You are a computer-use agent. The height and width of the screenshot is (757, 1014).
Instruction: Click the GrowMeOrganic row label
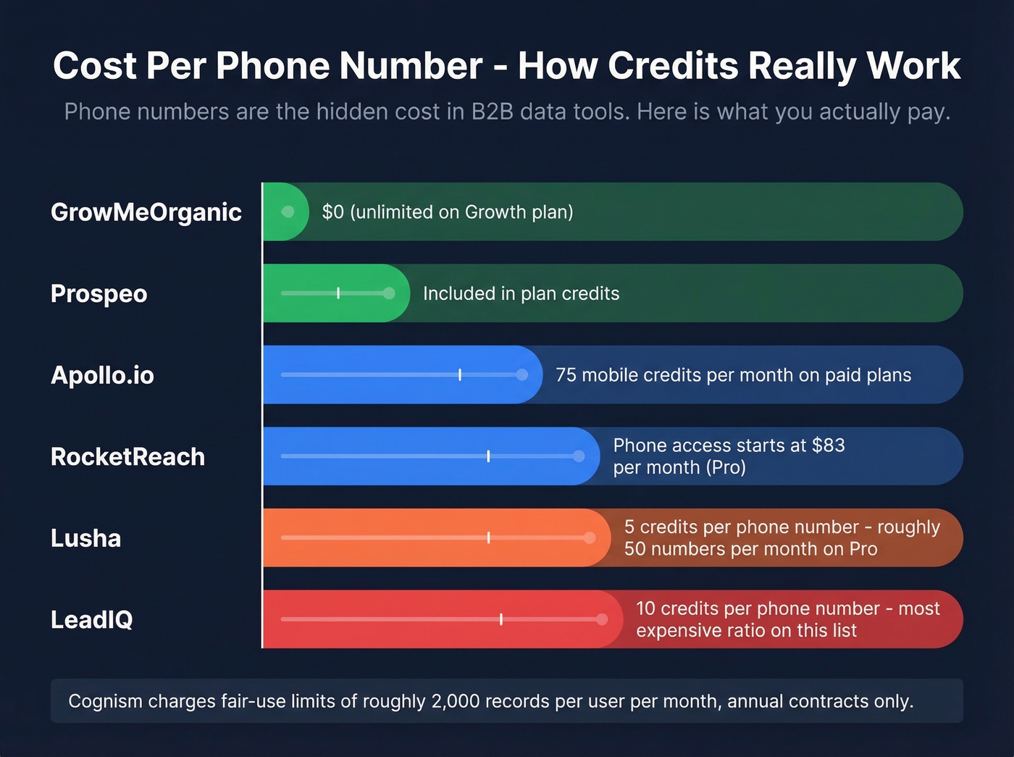point(146,212)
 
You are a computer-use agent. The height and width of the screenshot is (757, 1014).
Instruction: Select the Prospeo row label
point(99,294)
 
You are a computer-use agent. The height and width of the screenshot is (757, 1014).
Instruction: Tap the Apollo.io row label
point(102,375)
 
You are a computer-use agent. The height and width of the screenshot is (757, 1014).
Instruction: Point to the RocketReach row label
point(127,457)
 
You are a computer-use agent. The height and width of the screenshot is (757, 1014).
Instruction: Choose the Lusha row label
point(85,538)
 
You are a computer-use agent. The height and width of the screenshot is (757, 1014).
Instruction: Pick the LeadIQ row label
point(91,620)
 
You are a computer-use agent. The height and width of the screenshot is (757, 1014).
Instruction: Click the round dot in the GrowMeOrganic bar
point(288,212)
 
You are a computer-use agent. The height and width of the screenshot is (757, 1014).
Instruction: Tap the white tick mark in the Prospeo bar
point(338,293)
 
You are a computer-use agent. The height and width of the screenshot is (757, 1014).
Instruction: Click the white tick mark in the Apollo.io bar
point(460,375)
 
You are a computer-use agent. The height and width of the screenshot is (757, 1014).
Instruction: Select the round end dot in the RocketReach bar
point(579,456)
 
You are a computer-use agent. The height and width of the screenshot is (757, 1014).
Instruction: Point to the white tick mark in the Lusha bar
point(488,538)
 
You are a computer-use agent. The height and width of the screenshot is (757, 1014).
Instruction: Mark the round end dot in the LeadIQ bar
point(602,619)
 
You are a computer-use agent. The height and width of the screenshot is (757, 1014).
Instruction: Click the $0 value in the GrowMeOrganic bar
point(332,212)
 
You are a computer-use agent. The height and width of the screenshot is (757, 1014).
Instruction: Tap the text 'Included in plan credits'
point(521,293)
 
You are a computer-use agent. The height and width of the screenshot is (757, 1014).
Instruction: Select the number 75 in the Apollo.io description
point(566,375)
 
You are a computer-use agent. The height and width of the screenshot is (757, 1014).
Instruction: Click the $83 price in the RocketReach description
point(828,445)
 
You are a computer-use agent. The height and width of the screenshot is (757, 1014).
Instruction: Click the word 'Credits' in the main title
point(673,66)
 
